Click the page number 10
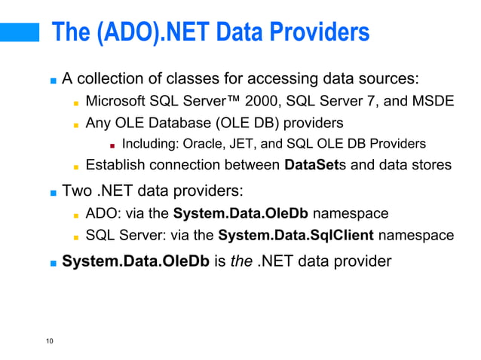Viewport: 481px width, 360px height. pos(49,342)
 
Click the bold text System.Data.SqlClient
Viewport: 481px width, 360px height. pos(296,236)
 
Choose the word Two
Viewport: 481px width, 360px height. pos(77,191)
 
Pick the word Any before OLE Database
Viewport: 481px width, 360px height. pos(98,123)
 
